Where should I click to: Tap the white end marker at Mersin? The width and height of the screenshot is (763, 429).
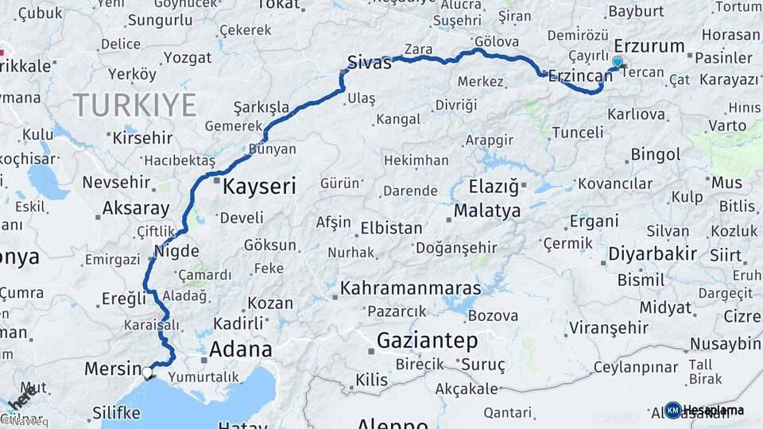[x=147, y=371]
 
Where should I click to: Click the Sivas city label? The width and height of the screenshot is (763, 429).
[x=370, y=63]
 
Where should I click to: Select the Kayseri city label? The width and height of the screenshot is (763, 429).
[x=259, y=187]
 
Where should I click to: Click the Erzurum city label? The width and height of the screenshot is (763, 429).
[x=649, y=45]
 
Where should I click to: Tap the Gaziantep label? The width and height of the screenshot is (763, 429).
[x=427, y=342]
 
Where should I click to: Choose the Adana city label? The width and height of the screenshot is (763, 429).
[x=240, y=349]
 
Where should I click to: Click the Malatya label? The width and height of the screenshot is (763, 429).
[x=487, y=211]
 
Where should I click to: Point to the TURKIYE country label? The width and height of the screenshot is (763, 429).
[x=134, y=104]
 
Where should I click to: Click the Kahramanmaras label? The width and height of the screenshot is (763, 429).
[x=411, y=288]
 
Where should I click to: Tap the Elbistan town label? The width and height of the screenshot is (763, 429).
[x=391, y=228]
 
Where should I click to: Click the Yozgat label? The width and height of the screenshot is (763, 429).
[x=188, y=58]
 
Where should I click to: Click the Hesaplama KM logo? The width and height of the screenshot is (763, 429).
[x=704, y=410]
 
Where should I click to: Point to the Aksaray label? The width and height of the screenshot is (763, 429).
[x=136, y=209]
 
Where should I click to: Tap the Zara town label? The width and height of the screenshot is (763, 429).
[x=418, y=49]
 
